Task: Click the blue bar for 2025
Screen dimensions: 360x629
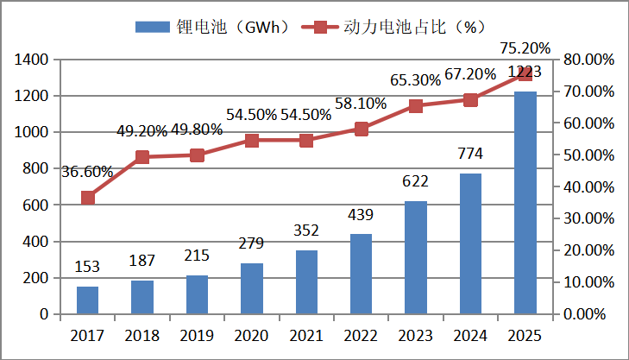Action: point(525,202)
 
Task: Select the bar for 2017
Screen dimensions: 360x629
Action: point(87,300)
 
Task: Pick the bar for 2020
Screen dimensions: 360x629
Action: point(251,288)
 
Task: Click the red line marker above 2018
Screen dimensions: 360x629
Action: point(142,157)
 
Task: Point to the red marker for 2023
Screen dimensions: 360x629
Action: point(416,106)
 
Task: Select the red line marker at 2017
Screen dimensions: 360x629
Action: point(87,198)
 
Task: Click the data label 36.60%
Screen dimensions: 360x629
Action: point(87,172)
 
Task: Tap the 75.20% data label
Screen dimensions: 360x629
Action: point(525,48)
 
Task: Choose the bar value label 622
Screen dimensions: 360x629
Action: point(416,183)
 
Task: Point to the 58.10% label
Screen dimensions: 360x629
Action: point(362,103)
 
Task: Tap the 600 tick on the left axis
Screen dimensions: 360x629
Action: point(34,205)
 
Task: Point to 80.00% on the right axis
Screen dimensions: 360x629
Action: point(589,60)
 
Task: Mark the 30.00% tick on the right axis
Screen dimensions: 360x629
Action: point(589,218)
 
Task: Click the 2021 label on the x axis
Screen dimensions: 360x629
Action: point(306,335)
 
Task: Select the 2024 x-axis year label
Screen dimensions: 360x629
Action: point(470,335)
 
